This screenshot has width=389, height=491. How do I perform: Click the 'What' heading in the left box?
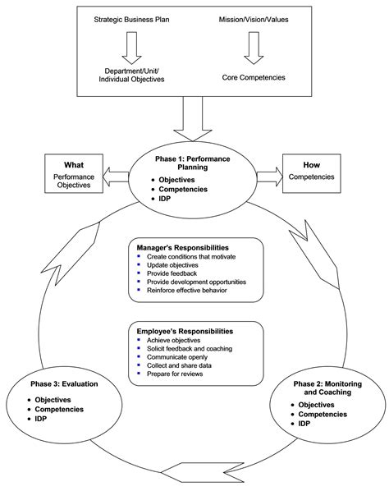click(76, 163)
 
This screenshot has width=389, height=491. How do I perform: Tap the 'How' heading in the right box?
click(313, 163)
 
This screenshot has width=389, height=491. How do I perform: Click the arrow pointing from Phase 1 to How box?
click(268, 174)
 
